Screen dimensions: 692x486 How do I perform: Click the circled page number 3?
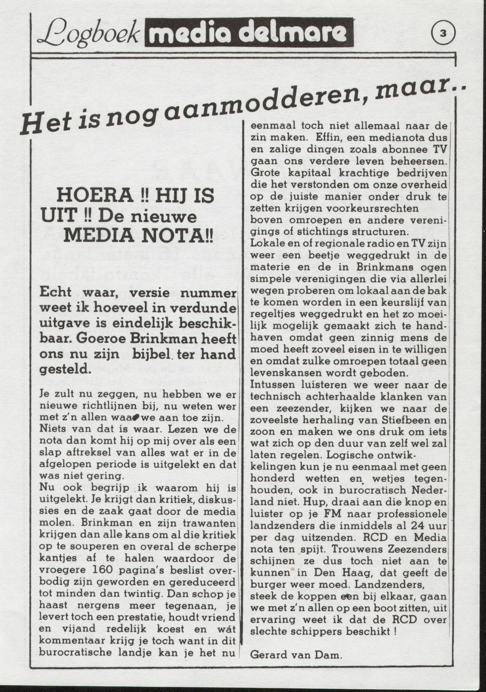[x=443, y=34]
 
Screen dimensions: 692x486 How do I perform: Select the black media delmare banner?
[x=248, y=33]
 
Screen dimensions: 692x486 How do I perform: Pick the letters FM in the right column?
[x=333, y=514]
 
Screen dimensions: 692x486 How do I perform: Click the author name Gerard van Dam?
[x=296, y=655]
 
